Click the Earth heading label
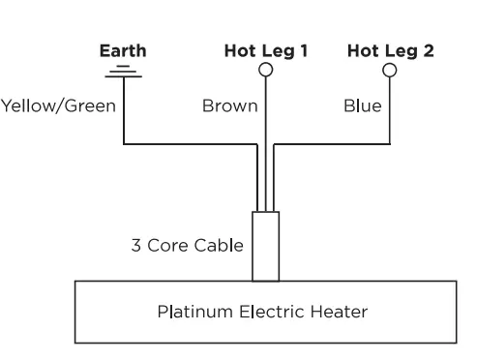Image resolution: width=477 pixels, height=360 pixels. tap(124, 51)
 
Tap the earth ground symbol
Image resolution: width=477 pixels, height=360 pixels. tap(124, 70)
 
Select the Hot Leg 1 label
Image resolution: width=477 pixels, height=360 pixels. tap(265, 51)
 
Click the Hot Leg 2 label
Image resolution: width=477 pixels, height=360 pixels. tap(390, 51)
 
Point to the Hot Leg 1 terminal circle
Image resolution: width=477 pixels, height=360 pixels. tap(265, 71)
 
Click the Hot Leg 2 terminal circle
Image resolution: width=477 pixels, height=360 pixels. tap(390, 71)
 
